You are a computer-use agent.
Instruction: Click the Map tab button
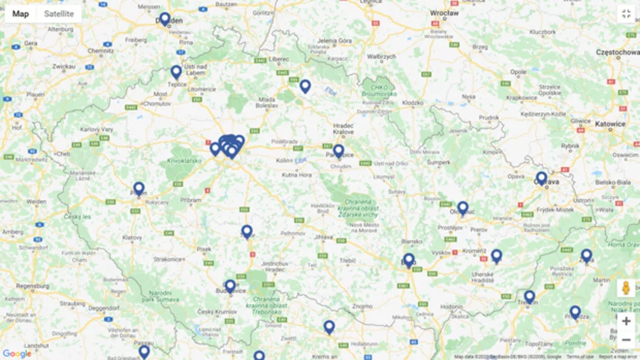[x=20, y=14]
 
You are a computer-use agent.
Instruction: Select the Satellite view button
[x=58, y=14]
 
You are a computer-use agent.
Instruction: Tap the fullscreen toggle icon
[x=625, y=14]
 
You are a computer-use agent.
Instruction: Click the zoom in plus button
[x=625, y=321]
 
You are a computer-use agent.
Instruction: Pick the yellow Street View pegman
[x=625, y=289]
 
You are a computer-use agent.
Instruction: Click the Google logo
[x=17, y=353]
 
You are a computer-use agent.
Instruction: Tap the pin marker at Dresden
[x=165, y=18]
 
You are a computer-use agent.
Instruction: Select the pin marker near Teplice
[x=176, y=71]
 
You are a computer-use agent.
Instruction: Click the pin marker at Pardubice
[x=338, y=151]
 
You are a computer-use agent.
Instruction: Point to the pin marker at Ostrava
[x=541, y=177]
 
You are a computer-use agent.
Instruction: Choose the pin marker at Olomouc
[x=463, y=207]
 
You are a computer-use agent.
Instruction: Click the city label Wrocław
[x=444, y=13]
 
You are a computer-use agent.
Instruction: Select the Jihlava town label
[x=324, y=237]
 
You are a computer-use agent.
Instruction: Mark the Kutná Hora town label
[x=297, y=175]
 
